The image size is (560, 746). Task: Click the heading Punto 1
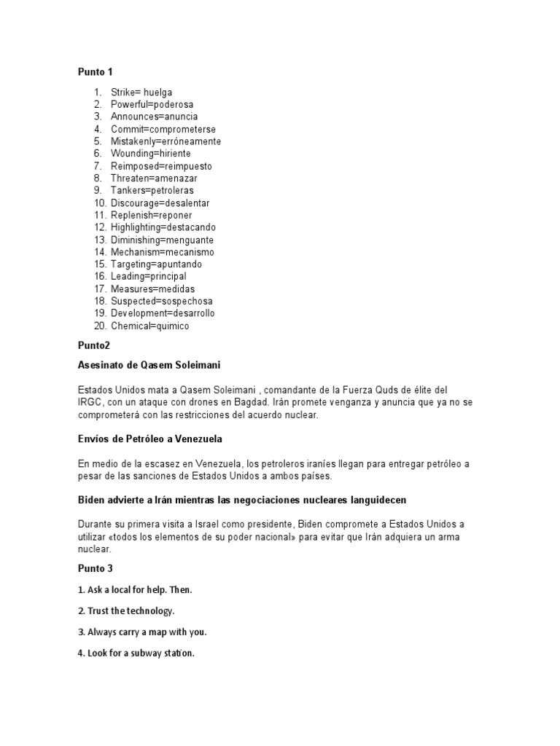click(96, 71)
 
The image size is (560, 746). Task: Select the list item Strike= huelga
click(141, 93)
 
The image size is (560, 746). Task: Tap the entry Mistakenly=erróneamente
click(166, 141)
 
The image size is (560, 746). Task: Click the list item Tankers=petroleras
click(152, 190)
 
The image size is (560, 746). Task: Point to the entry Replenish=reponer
click(151, 215)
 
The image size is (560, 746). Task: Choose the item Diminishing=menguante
click(162, 240)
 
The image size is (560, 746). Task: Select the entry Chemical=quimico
click(149, 326)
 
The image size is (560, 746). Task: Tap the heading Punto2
click(93, 345)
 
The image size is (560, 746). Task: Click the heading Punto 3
click(96, 568)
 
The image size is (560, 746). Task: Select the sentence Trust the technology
click(131, 610)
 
